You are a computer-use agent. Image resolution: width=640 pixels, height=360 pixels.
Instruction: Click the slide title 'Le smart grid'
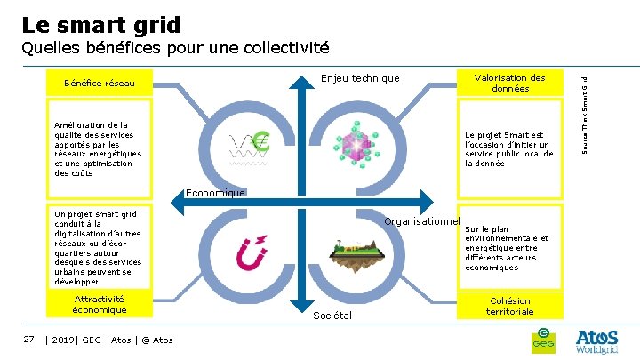(x=100, y=25)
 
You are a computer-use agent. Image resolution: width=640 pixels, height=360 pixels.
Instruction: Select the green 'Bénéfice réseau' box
(x=100, y=84)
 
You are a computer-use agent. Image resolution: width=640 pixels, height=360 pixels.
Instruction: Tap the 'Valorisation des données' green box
(x=509, y=84)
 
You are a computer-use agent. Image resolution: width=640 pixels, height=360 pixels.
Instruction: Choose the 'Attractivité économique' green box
(x=100, y=305)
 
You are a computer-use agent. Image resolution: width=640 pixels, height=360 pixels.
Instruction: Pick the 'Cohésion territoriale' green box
(x=509, y=306)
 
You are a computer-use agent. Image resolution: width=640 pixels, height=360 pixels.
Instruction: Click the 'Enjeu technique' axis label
(x=360, y=78)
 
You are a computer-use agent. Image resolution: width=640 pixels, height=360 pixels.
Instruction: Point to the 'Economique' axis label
(x=215, y=193)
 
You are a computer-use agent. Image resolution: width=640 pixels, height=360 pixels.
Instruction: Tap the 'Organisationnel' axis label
(x=421, y=221)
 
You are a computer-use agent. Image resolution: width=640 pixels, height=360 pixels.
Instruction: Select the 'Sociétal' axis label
(x=333, y=316)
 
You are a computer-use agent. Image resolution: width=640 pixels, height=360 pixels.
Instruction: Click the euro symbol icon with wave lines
(x=250, y=146)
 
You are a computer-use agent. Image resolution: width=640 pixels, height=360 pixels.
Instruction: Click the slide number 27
(x=29, y=339)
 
